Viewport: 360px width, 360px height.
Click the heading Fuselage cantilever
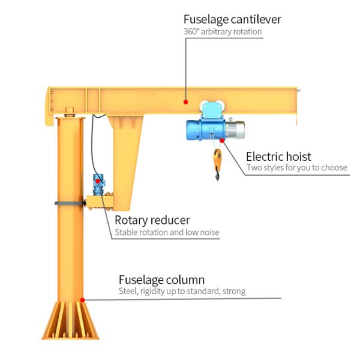pyautogui.click(x=232, y=19)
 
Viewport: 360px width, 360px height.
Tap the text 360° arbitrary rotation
pyautogui.click(x=222, y=31)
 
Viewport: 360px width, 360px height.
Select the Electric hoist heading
pyautogui.click(x=278, y=157)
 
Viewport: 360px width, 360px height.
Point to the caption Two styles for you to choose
pyautogui.click(x=296, y=168)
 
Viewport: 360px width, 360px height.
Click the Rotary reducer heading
pyautogui.click(x=152, y=220)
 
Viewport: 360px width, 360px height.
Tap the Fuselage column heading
pyautogui.click(x=161, y=280)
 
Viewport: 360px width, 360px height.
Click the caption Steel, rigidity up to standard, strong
pyautogui.click(x=181, y=292)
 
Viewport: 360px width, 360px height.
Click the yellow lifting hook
pyautogui.click(x=217, y=161)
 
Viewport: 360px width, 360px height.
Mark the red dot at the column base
pyautogui.click(x=83, y=299)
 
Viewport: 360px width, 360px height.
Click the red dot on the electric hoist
pyautogui.click(x=222, y=140)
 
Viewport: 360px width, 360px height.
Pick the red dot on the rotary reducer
pyautogui.click(x=97, y=180)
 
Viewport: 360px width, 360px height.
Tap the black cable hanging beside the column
pyautogui.click(x=92, y=144)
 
